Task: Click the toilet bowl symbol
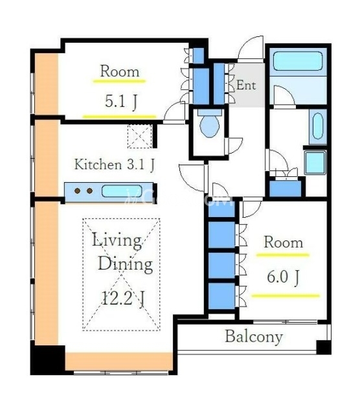[210, 123]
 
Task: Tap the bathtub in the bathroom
[298, 61]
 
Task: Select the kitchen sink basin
[122, 191]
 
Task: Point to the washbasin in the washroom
[318, 126]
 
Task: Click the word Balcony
[254, 337]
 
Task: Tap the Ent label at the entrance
[246, 85]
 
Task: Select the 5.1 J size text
[120, 102]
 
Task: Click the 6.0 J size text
[283, 277]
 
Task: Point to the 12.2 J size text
[123, 298]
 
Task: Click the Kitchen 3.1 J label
[115, 165]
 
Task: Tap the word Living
[117, 240]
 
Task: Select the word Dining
[125, 264]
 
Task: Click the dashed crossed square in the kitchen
[140, 136]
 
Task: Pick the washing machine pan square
[315, 163]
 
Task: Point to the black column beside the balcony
[323, 347]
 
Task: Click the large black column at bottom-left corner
[48, 360]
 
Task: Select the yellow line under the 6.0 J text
[286, 295]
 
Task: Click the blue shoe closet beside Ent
[219, 84]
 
